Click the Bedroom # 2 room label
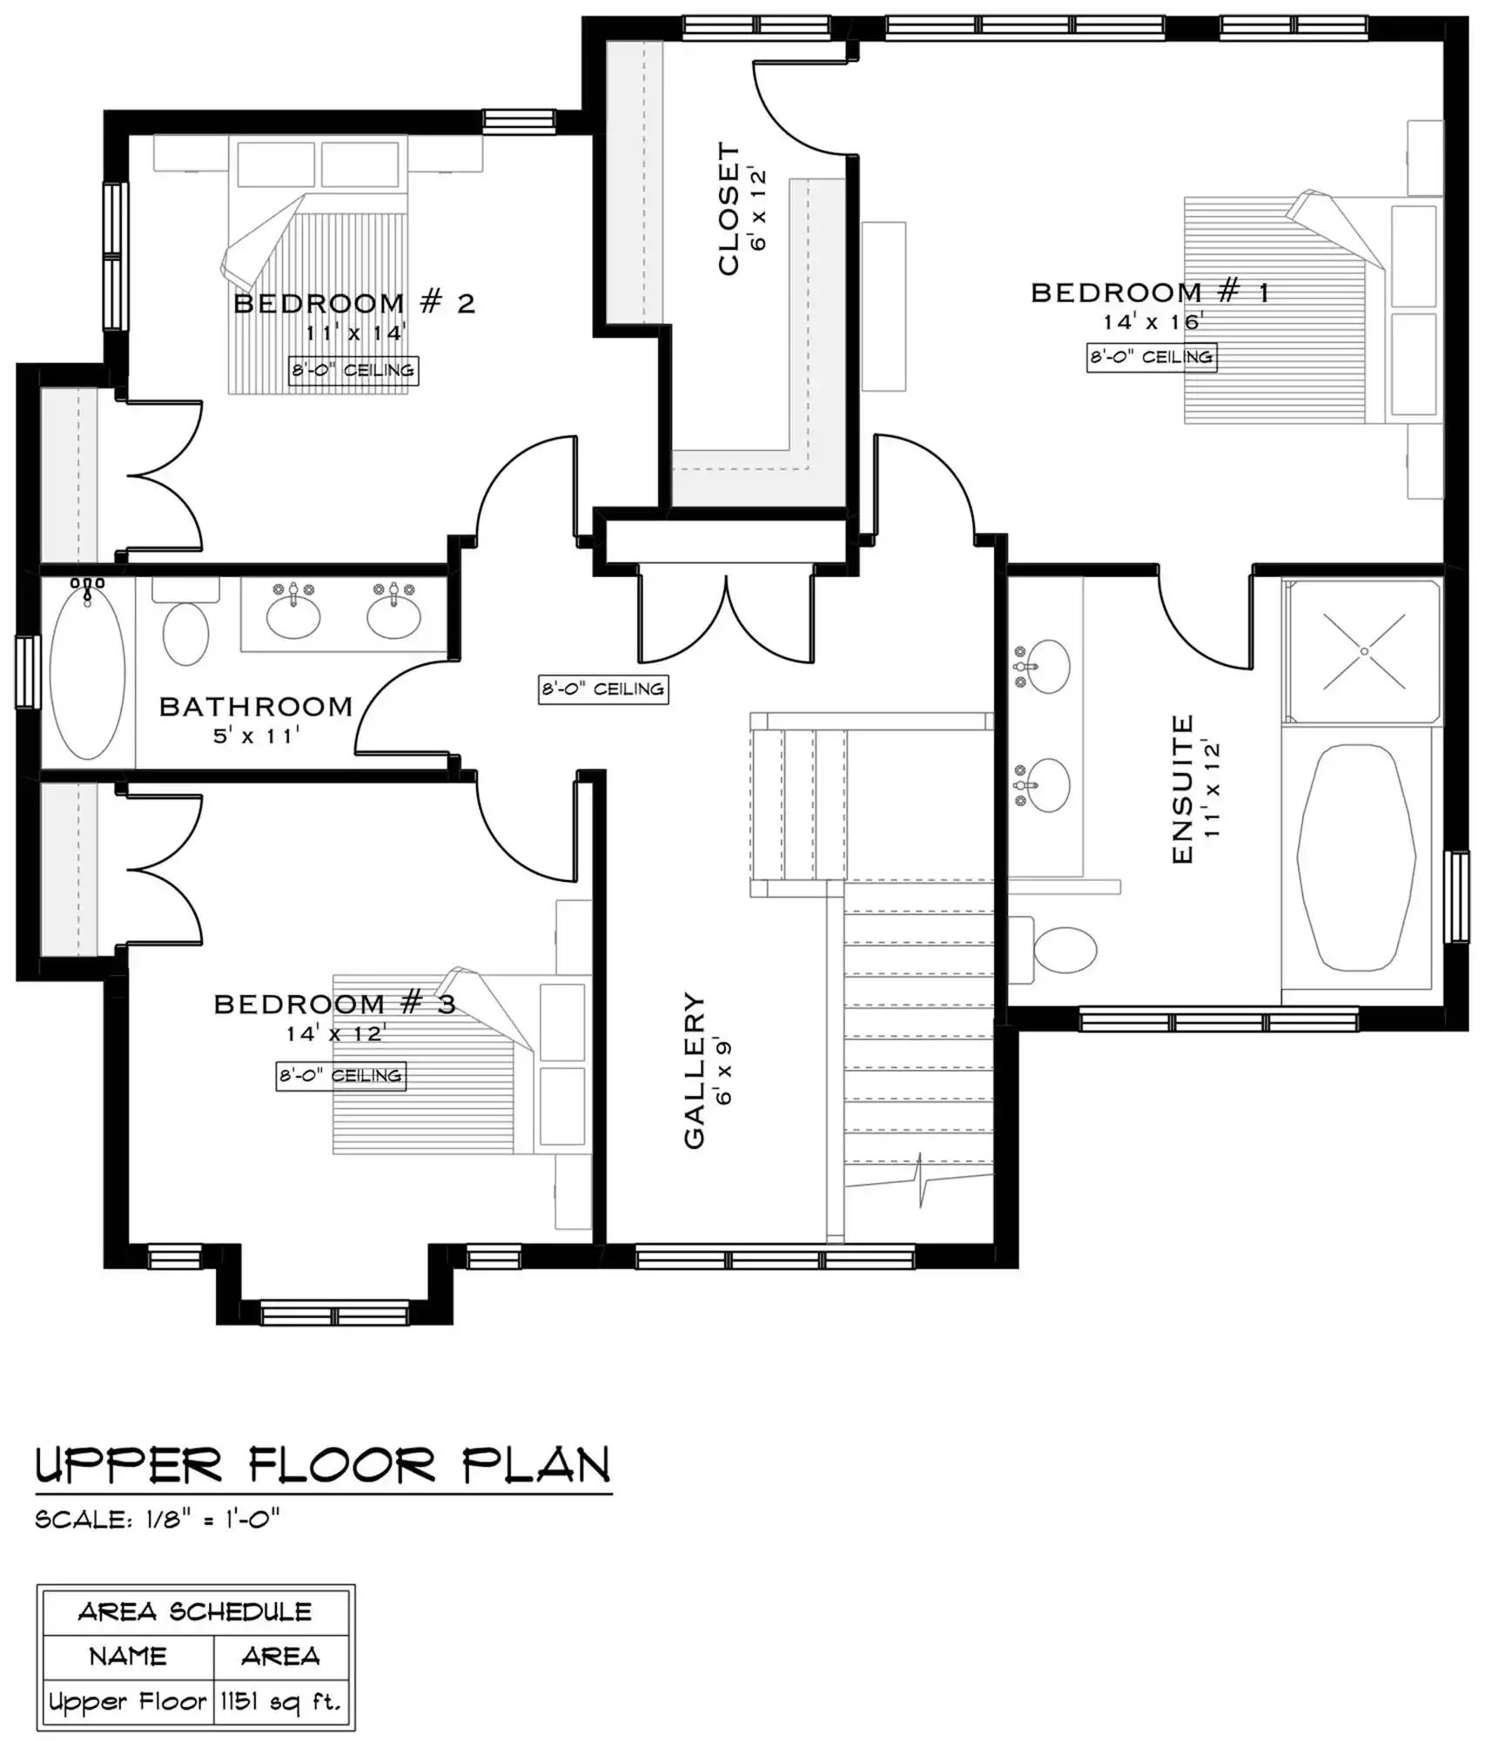354,303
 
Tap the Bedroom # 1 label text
1150,292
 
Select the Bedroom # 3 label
335,1004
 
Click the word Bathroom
256,706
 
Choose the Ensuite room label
1182,790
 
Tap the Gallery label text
694,1070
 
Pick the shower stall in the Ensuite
1363,651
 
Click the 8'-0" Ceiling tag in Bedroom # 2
353,371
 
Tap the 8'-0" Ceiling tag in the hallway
603,689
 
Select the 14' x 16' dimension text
1152,322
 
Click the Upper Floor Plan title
323,1466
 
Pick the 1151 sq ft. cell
281,1701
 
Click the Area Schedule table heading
195,1611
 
